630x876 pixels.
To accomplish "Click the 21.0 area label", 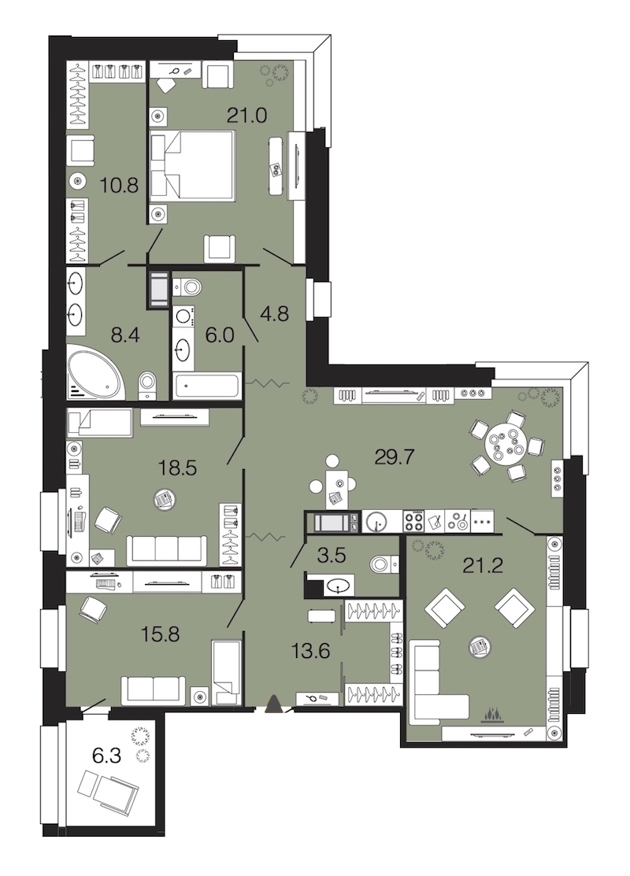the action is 246,116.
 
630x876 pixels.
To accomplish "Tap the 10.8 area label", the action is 119,185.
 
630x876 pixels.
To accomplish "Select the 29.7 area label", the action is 394,457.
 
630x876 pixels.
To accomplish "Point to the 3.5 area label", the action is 332,556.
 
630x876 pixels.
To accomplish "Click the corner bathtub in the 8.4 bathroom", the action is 95,372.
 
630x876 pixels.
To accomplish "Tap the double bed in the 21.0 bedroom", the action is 191,164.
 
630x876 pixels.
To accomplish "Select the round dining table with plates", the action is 506,445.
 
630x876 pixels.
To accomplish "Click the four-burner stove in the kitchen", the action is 413,521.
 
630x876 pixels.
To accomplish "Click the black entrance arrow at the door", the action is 272,704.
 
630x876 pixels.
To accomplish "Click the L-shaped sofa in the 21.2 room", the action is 439,680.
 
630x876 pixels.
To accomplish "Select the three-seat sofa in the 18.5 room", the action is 167,549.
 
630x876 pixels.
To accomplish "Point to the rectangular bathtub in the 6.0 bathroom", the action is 206,386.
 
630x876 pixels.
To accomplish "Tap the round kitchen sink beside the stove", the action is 378,522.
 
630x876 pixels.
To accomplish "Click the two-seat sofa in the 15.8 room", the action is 153,689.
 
